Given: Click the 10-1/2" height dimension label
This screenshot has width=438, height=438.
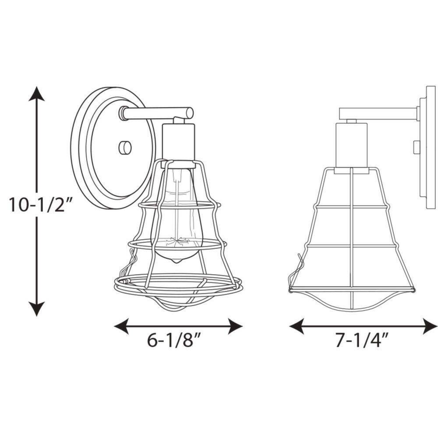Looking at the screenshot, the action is click(x=41, y=204).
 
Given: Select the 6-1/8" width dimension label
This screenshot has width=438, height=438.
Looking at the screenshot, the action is click(x=174, y=340).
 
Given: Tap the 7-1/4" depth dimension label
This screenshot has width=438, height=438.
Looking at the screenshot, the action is click(x=362, y=340).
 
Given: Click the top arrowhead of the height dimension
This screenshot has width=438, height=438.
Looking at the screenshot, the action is click(x=37, y=94).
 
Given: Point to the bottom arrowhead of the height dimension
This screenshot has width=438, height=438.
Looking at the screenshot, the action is click(x=37, y=308).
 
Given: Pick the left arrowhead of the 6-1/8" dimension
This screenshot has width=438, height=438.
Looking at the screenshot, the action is click(x=121, y=326).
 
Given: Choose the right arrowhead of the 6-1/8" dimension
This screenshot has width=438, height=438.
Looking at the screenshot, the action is click(x=235, y=326).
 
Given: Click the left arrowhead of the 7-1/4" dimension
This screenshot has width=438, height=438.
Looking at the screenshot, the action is click(x=297, y=326).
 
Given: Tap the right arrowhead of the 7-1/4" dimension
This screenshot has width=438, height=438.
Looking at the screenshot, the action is click(x=430, y=326).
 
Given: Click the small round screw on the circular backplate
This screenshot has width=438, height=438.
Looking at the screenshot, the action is click(x=125, y=148).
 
